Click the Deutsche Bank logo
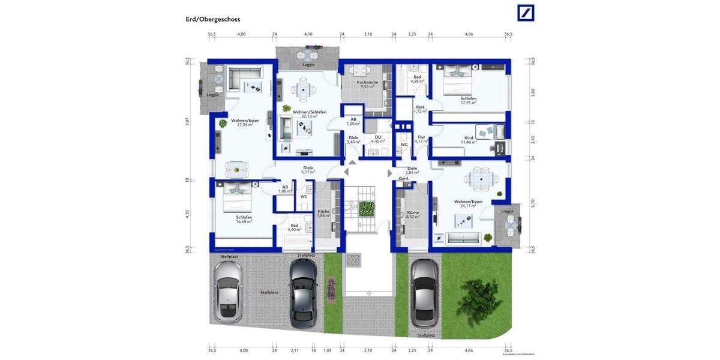click(526, 13)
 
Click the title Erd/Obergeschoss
click(213, 19)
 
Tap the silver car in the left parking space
click(229, 291)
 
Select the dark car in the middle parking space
click(302, 292)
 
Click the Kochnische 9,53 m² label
click(367, 84)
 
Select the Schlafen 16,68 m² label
click(244, 219)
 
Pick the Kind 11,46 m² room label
click(468, 140)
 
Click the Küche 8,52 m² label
click(413, 215)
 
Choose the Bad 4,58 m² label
click(417, 79)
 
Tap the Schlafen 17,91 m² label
click(469, 100)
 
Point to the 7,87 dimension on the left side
click(187, 121)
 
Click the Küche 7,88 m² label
click(323, 214)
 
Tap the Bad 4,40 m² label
click(295, 227)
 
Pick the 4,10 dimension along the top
click(308, 35)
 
